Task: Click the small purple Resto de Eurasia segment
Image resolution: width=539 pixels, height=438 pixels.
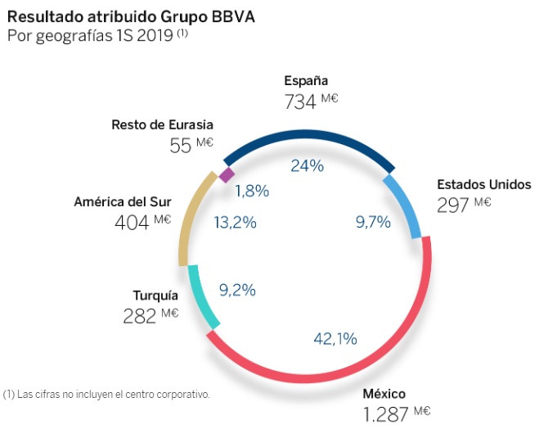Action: point(227,174)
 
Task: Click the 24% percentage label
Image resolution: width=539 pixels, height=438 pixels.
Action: point(308,165)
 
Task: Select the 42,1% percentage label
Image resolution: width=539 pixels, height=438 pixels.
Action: point(335,338)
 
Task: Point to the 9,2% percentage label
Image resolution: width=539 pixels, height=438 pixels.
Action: point(238,289)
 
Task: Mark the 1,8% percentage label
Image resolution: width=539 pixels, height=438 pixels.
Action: point(252,192)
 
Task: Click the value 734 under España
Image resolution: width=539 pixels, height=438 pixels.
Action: point(299,102)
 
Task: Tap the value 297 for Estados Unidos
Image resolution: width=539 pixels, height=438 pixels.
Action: point(453,205)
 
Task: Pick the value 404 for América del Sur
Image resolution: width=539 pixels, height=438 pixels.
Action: point(133,222)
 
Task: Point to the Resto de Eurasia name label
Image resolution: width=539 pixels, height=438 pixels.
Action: point(162,125)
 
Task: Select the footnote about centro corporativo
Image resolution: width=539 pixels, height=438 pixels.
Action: point(107,394)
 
